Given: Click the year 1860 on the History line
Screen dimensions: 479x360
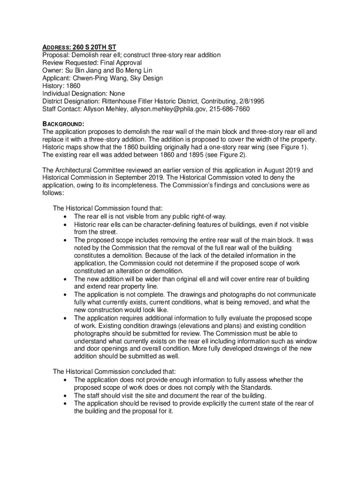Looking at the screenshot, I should click(x=73, y=86).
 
